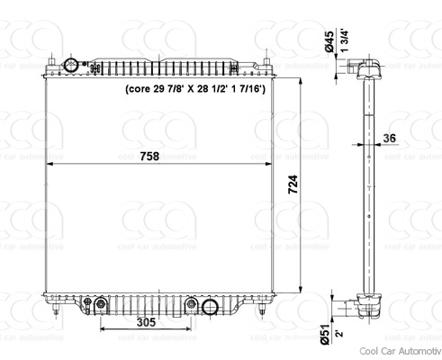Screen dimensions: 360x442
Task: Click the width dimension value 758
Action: pos(150,156)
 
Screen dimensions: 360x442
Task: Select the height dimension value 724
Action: pos(293,184)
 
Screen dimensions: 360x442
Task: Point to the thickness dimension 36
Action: pos(389,138)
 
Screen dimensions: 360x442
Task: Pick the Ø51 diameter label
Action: pos(325,336)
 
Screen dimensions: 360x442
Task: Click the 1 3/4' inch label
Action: pos(344,44)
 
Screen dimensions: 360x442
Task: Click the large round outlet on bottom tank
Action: pos(211,307)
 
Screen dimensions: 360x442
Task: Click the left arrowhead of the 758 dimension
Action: pos(50,164)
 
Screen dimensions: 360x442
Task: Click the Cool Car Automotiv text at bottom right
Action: pos(399,351)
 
